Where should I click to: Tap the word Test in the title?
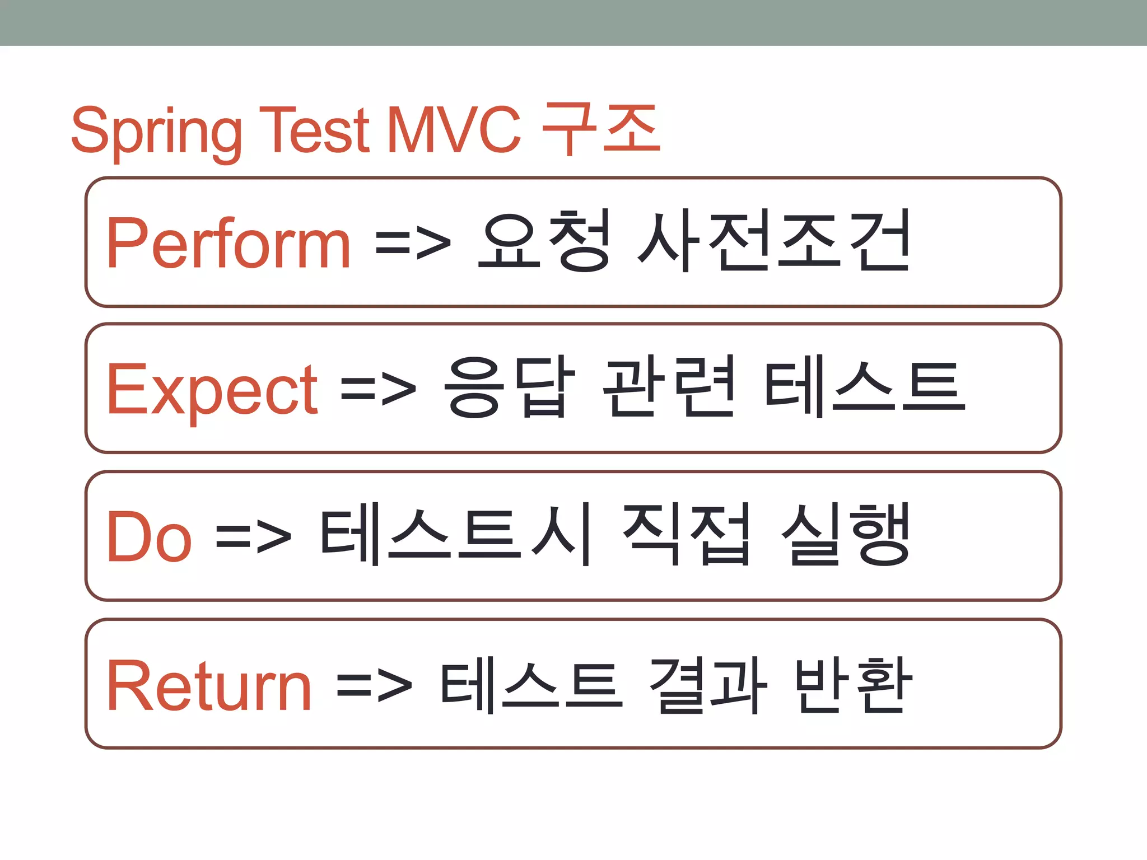(314, 130)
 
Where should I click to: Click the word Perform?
(229, 243)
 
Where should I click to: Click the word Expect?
(212, 389)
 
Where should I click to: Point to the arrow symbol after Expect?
(379, 389)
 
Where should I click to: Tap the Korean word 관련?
(668, 387)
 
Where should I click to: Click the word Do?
(149, 536)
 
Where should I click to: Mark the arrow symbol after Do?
(253, 536)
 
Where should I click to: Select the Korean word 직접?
(687, 535)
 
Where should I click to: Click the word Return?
(209, 685)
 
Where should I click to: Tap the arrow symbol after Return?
(374, 685)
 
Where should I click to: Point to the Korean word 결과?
(707, 685)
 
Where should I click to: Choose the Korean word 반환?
(853, 685)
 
